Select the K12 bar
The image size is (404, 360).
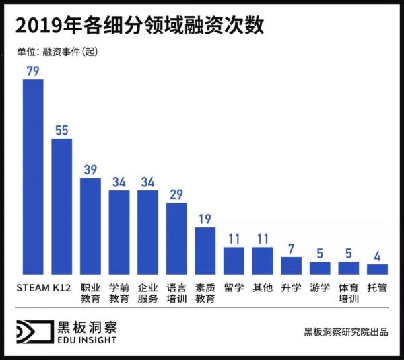pyautogui.click(x=61, y=206)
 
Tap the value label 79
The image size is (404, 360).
pyautogui.click(x=33, y=70)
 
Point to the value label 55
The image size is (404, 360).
pyautogui.click(x=61, y=130)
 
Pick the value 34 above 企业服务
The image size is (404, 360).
pyautogui.click(x=147, y=182)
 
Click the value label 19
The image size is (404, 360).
pyautogui.click(x=205, y=219)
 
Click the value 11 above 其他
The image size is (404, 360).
pyautogui.click(x=263, y=239)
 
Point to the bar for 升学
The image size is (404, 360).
pyautogui.click(x=291, y=265)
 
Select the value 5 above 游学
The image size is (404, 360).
pyautogui.click(x=320, y=254)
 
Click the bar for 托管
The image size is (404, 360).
pyautogui.click(x=377, y=268)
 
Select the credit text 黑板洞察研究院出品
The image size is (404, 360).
pyautogui.click(x=345, y=332)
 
